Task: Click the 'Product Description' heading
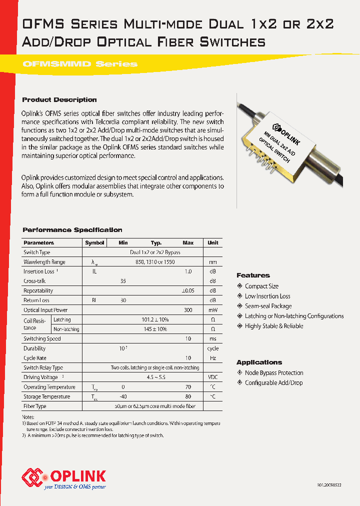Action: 59,99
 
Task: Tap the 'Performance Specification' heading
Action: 72,230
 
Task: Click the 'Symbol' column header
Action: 94,242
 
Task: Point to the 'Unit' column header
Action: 212,242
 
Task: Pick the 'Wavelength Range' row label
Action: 44,262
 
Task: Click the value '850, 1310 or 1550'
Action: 155,262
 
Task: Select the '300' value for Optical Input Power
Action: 188,310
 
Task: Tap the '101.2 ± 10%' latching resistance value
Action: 155,319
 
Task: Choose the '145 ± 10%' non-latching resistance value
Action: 155,329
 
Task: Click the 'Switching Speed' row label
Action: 42,338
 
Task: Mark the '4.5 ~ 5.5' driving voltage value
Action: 155,377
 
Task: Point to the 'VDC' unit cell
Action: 212,377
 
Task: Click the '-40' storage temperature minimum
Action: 123,396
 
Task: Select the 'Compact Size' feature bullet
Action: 261,286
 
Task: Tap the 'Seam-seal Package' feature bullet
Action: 268,306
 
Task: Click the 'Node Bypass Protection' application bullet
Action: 273,373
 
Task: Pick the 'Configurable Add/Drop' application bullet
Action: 273,383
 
